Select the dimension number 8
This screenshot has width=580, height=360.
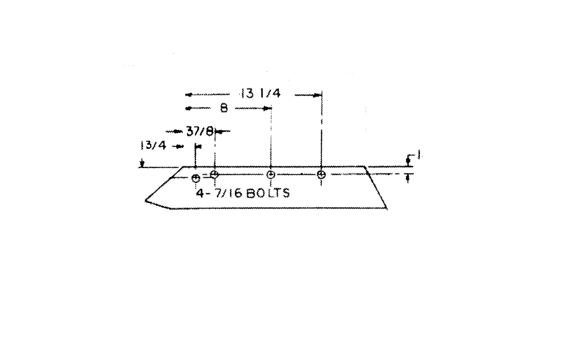[223, 109]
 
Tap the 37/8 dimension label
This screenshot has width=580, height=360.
[200, 131]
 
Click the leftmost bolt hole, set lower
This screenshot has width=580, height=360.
[195, 178]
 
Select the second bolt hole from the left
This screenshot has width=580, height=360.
[215, 174]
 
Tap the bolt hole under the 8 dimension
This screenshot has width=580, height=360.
[271, 174]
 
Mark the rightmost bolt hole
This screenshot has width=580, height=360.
[322, 174]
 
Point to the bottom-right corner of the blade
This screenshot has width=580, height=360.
[387, 209]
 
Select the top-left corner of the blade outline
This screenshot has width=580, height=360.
[184, 167]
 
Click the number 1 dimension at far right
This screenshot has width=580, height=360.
[419, 155]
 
